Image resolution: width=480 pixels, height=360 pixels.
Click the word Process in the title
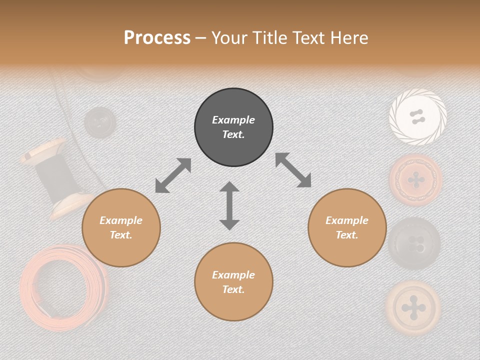click(x=157, y=38)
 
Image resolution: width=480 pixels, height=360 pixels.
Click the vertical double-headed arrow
click(x=229, y=205)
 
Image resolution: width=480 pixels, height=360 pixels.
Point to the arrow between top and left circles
click(x=173, y=175)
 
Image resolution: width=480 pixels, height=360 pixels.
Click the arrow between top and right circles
click(x=293, y=170)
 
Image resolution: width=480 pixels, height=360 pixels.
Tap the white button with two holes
click(x=417, y=117)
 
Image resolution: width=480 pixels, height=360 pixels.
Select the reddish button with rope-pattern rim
click(x=416, y=179)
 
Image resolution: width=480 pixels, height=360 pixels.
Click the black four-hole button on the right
click(x=414, y=243)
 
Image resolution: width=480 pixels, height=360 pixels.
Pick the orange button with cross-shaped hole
click(x=413, y=306)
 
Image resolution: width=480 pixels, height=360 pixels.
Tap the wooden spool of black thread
click(x=56, y=177)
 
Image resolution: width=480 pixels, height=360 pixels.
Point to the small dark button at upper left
click(x=99, y=121)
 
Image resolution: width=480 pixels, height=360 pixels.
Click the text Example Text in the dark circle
click(x=233, y=127)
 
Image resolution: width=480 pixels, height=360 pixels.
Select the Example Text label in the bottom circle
click(x=233, y=282)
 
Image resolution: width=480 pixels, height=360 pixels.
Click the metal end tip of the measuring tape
click(x=49, y=310)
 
